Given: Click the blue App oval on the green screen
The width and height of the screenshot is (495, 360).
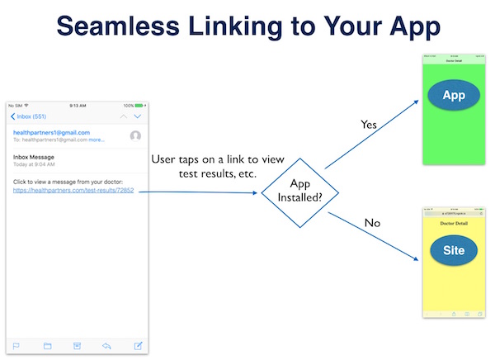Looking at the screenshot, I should click(x=453, y=95).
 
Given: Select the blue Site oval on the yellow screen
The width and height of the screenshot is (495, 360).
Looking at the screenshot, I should click(x=453, y=250).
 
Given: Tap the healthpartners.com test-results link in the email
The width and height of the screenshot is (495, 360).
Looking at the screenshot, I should click(x=73, y=191).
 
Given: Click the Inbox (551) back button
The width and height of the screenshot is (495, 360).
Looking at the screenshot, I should click(x=30, y=116).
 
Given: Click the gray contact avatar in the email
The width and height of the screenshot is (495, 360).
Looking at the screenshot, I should click(x=135, y=136).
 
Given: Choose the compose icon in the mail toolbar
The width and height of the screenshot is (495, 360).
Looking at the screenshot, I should click(x=138, y=345).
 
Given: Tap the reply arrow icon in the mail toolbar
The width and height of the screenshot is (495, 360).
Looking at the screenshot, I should click(x=107, y=345).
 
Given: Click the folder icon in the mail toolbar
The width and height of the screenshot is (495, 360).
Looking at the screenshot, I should click(x=47, y=345).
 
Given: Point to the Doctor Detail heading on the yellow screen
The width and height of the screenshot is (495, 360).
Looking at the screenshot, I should click(x=453, y=224).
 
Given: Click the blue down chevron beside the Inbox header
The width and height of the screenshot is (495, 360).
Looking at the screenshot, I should click(x=138, y=116).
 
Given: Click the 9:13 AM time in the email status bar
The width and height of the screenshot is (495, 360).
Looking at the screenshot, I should click(x=78, y=106).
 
